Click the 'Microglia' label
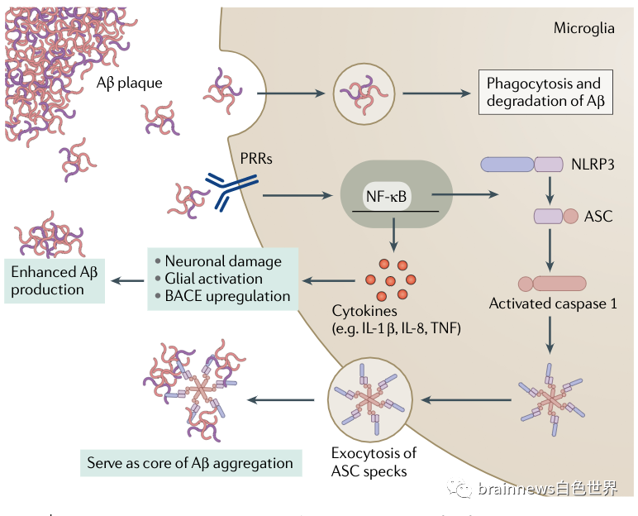pyautogui.click(x=583, y=28)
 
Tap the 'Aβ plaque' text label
pyautogui.click(x=129, y=83)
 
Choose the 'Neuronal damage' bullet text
pyautogui.click(x=222, y=261)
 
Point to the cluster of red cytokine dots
pyautogui.click(x=393, y=279)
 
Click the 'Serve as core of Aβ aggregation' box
pyautogui.click(x=190, y=462)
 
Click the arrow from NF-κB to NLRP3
pyautogui.click(x=466, y=196)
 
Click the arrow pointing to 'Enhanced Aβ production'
pyautogui.click(x=126, y=280)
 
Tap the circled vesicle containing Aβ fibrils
pyautogui.click(x=362, y=93)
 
